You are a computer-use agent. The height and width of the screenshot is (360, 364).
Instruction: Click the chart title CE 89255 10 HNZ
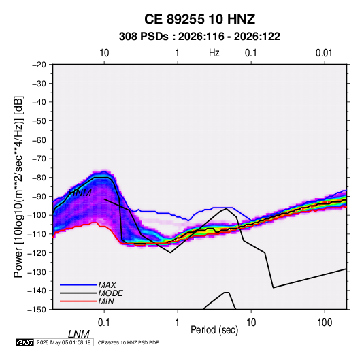(x=199, y=19)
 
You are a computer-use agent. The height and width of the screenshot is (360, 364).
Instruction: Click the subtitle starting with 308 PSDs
(x=199, y=37)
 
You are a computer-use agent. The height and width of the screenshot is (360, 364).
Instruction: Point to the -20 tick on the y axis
(x=39, y=65)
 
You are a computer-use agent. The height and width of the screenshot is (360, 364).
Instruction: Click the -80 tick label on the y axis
(x=39, y=178)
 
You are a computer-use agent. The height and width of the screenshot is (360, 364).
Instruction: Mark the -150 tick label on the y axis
(x=37, y=310)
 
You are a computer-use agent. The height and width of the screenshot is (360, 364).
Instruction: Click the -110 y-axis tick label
(x=37, y=234)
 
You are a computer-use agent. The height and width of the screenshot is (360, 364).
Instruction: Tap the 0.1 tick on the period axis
(x=104, y=323)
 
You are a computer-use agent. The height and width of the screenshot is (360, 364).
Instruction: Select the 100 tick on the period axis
(x=325, y=323)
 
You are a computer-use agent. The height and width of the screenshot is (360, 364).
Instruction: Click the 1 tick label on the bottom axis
(x=178, y=323)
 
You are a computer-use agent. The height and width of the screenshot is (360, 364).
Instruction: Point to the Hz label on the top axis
(x=214, y=53)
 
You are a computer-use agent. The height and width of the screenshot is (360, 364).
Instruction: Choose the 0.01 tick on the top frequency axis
(x=324, y=53)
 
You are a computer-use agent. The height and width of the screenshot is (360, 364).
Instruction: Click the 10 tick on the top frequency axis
(x=104, y=53)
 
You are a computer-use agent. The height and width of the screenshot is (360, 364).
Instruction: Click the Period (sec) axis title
(x=214, y=330)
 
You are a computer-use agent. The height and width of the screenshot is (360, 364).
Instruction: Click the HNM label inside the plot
(x=80, y=193)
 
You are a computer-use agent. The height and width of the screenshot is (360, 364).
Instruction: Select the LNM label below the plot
(x=79, y=334)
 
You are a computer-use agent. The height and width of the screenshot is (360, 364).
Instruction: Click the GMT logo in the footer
(x=25, y=342)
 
